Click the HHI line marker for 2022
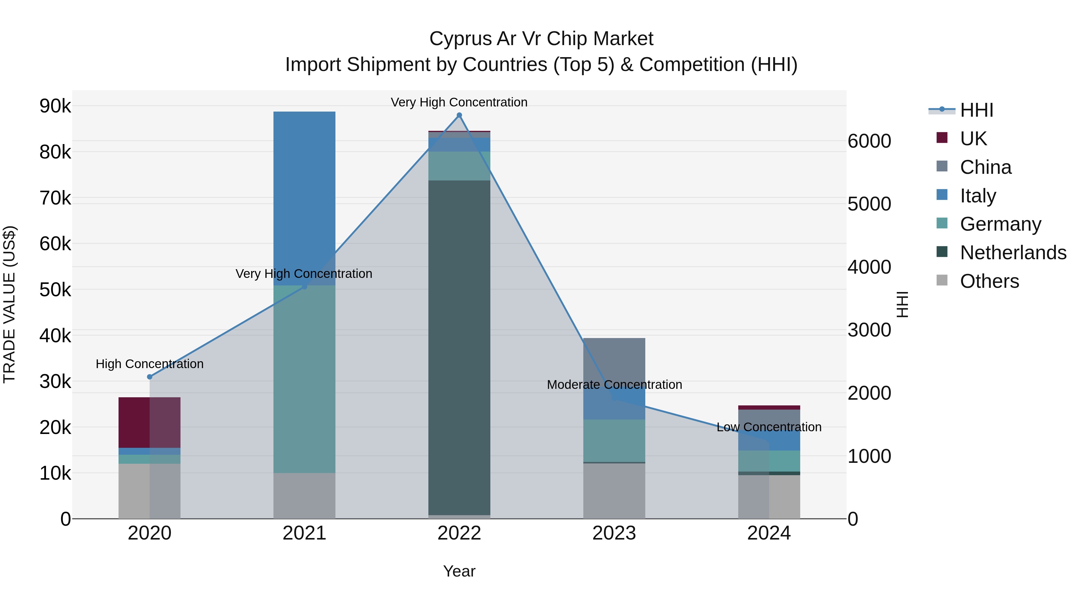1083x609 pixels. click(459, 115)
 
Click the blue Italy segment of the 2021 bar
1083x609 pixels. click(304, 198)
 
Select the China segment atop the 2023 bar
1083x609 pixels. click(614, 357)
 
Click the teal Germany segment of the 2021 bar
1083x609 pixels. click(304, 378)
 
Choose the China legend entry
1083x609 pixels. click(986, 167)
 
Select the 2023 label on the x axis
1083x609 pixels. click(614, 533)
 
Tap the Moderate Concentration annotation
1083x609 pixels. click(614, 385)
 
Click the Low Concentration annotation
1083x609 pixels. click(769, 427)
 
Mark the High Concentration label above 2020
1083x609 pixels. click(150, 364)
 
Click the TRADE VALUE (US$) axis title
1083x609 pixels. click(9, 304)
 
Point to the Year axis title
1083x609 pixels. click(459, 571)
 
